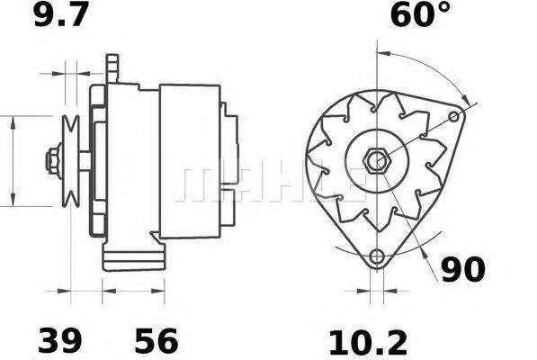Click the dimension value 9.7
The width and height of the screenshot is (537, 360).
[x=60, y=17]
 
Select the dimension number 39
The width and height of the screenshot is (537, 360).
[x=59, y=340]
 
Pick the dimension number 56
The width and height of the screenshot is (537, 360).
[x=156, y=340]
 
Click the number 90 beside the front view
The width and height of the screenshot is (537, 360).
[x=463, y=268]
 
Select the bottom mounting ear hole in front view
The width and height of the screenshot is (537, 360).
[x=377, y=255]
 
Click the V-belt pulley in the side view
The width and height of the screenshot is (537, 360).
[x=70, y=162]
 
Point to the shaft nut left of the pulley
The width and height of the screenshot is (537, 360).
[x=51, y=162]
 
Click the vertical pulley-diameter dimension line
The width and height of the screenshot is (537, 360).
[x=13, y=162]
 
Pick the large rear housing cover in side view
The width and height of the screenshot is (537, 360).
[x=190, y=162]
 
